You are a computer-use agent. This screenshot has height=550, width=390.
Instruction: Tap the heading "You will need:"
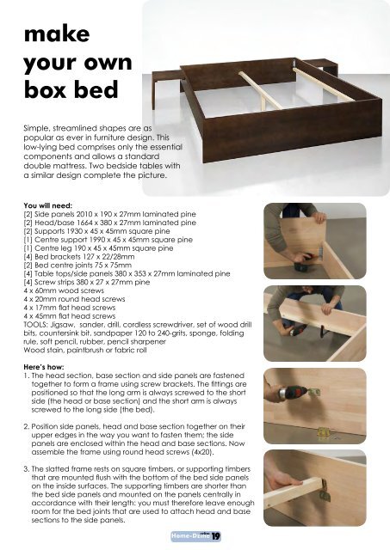53,206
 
